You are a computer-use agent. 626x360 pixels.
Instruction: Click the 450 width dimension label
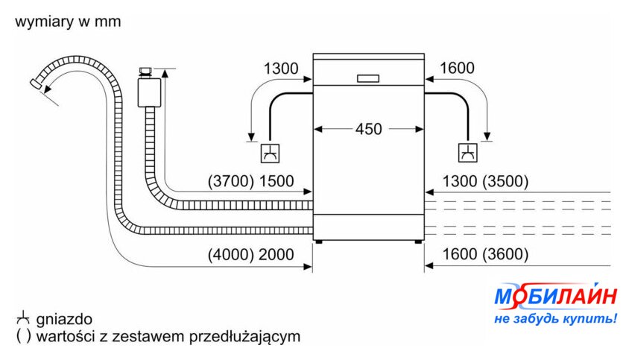click(x=368, y=129)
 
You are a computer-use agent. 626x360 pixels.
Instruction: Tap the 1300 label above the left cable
click(x=280, y=69)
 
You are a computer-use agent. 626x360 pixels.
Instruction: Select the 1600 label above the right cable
click(x=457, y=69)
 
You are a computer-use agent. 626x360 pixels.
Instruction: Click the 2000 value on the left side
click(x=276, y=254)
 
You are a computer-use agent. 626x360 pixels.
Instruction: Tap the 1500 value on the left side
click(x=276, y=181)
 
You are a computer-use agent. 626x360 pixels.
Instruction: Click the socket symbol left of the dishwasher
click(x=269, y=153)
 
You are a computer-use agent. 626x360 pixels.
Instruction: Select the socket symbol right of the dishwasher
click(x=468, y=153)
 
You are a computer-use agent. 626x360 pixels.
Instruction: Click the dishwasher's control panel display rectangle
click(x=368, y=77)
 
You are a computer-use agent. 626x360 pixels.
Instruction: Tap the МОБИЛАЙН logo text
click(x=556, y=297)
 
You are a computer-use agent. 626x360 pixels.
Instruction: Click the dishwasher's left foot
click(x=320, y=241)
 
